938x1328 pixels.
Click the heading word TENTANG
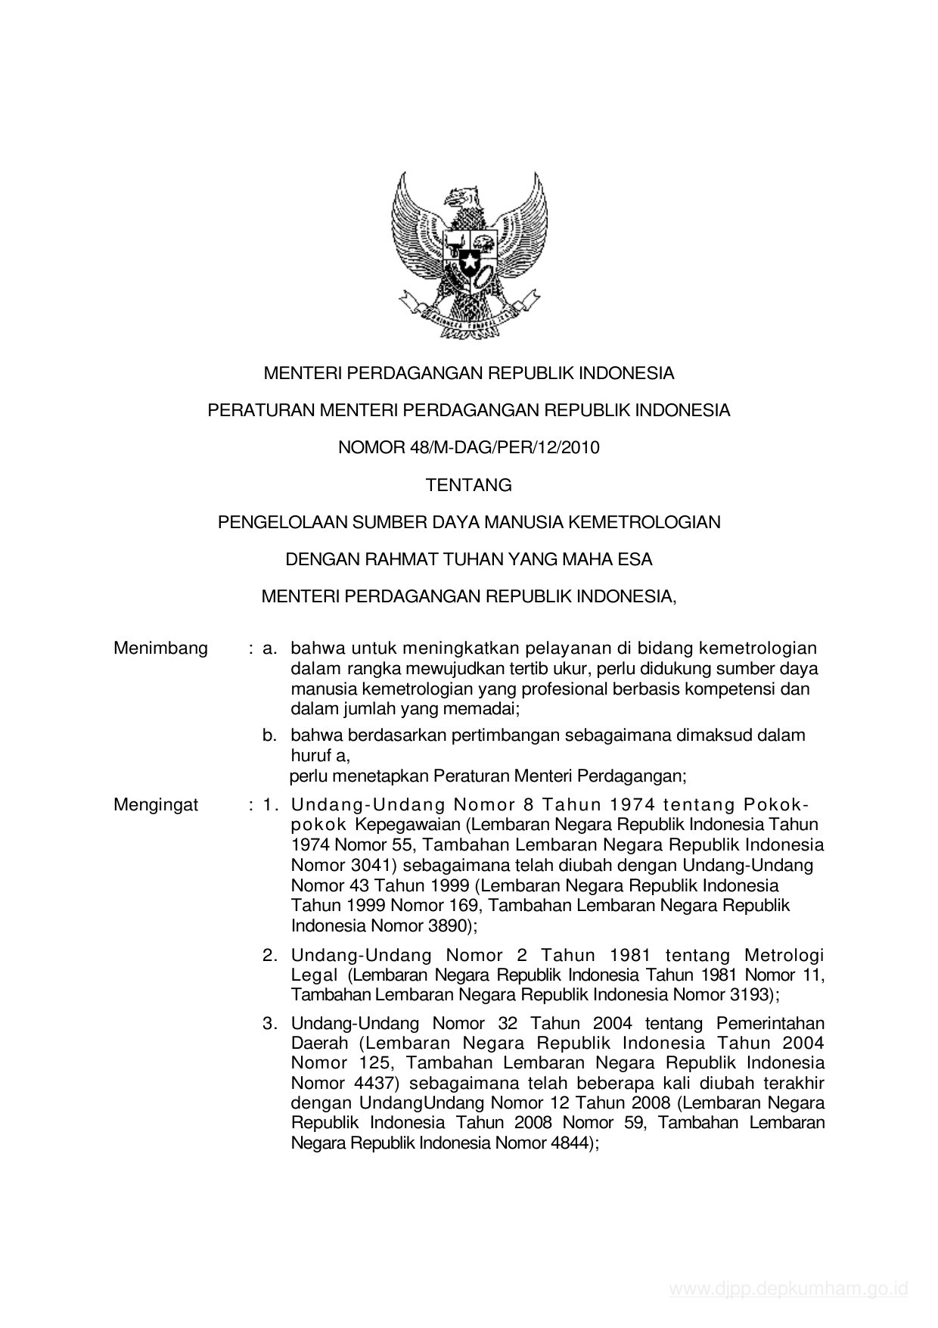468,485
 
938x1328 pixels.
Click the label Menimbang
160,648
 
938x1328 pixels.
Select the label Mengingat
156,804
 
